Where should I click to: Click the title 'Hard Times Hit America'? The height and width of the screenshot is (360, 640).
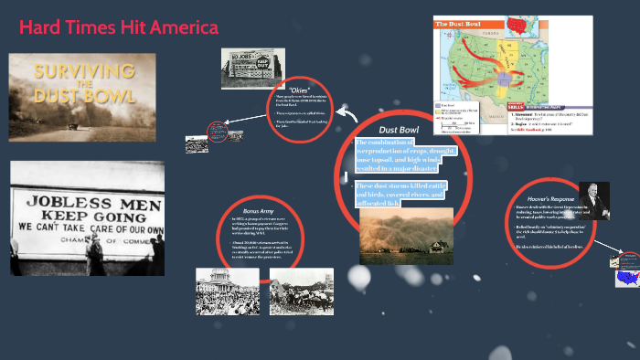pos(119,29)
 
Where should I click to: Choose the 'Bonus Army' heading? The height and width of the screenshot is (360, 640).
pos(260,209)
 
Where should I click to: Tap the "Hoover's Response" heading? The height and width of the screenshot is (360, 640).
pos(550,197)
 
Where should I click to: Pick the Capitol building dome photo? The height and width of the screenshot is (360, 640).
pos(228,291)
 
